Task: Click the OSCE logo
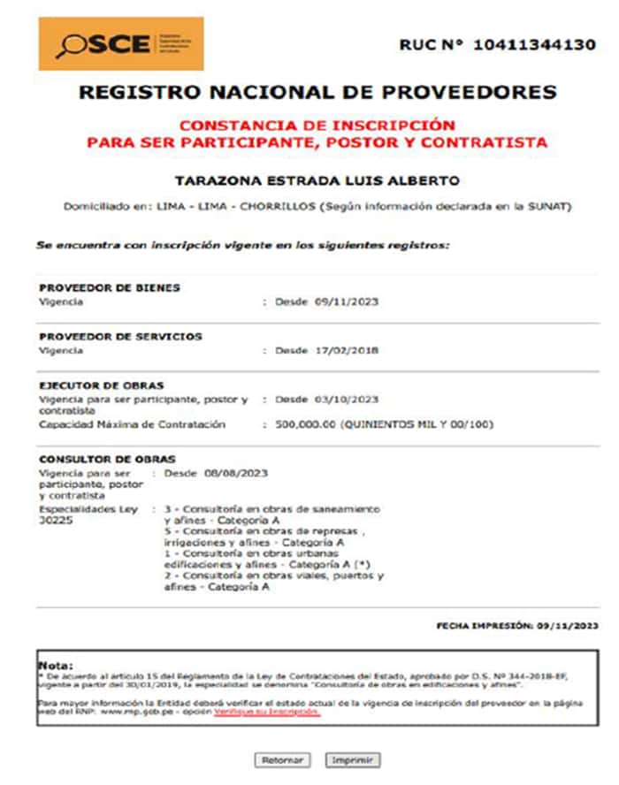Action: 120,43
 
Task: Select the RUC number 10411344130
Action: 534,44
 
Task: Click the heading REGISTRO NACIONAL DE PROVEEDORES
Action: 317,92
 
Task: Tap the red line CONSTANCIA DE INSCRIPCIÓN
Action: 317,126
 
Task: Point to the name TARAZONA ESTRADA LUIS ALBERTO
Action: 317,180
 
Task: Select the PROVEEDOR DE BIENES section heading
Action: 110,287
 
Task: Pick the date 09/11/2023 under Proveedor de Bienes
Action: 347,302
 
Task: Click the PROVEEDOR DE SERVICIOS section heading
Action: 120,336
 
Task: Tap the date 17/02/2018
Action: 347,350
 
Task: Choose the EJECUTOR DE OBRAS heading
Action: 102,385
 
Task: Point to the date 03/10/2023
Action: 347,399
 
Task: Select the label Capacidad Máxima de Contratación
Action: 133,424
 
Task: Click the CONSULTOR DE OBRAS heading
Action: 107,459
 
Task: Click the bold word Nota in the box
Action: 56,665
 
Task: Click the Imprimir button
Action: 352,760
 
